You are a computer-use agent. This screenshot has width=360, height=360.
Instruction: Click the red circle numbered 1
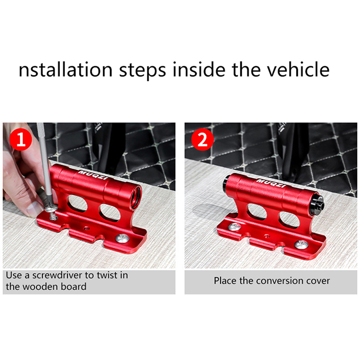(21, 139)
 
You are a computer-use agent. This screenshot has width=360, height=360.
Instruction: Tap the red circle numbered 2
(202, 139)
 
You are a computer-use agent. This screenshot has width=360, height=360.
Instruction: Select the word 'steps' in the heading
(143, 71)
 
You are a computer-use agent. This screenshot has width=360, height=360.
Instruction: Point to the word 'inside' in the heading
(199, 70)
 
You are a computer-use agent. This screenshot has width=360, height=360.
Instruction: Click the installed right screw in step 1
(122, 238)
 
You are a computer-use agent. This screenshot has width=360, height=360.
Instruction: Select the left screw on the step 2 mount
(234, 227)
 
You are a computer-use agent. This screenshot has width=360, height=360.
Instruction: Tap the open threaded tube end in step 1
(136, 197)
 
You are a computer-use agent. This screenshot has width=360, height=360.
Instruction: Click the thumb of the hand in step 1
(35, 208)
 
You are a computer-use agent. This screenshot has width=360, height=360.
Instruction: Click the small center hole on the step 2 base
(266, 235)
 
